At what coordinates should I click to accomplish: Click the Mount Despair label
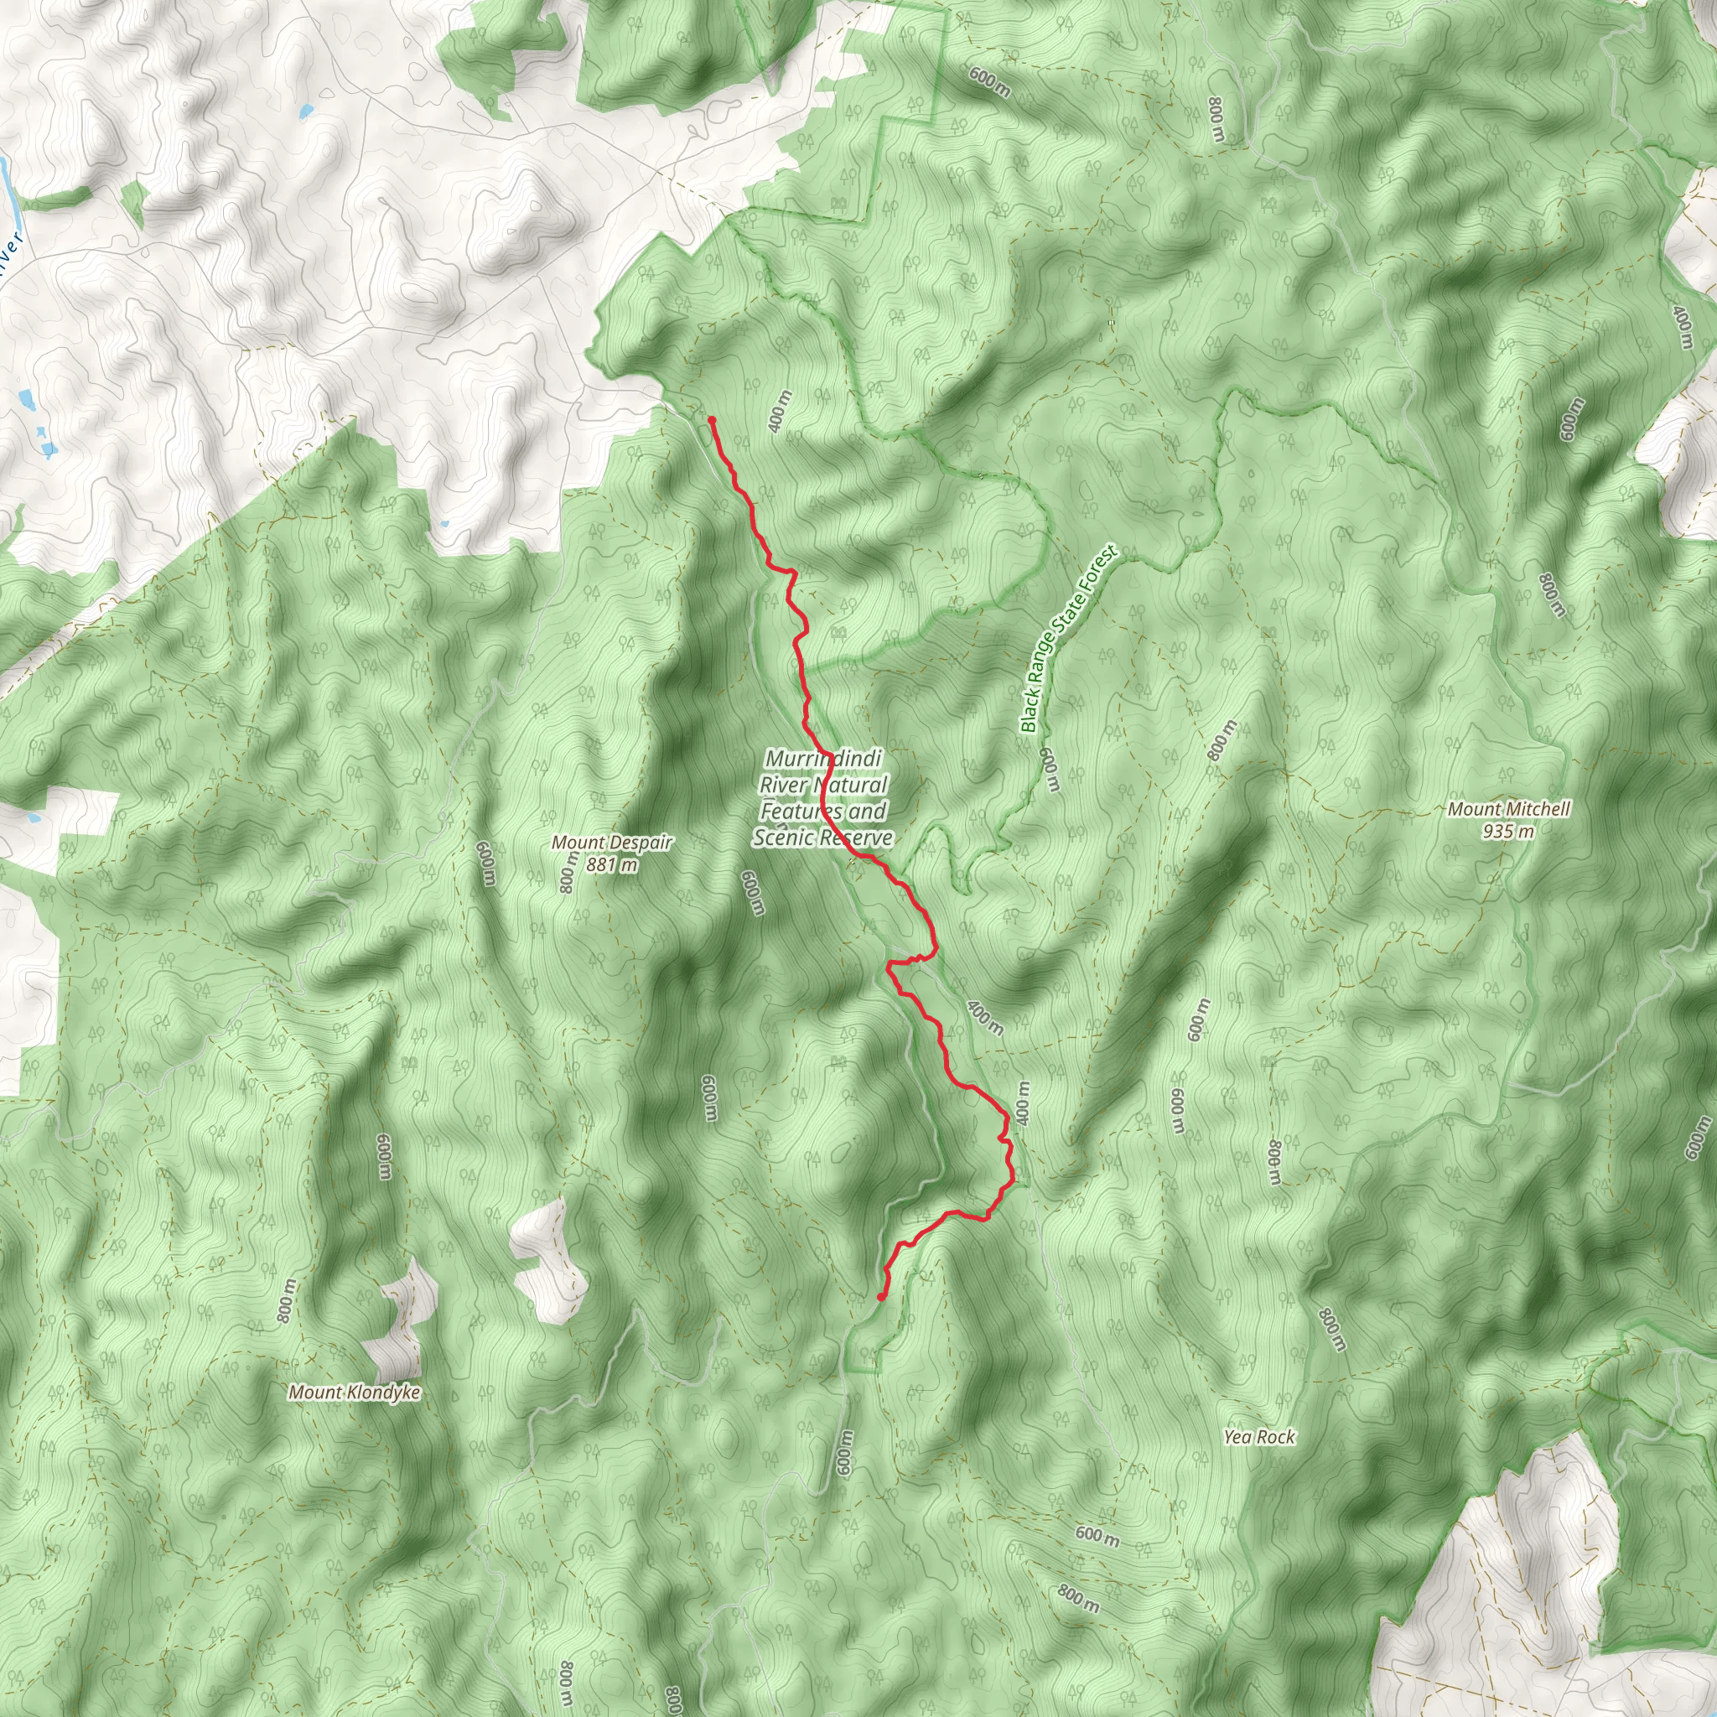(x=611, y=843)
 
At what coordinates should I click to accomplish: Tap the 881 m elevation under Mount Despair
(x=611, y=864)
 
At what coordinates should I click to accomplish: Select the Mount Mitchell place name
(x=1508, y=809)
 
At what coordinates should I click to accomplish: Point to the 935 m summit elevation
(x=1508, y=832)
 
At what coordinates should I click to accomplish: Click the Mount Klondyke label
(x=354, y=1392)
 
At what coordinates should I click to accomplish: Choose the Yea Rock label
(x=1258, y=1436)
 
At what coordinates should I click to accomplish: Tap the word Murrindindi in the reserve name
(x=823, y=759)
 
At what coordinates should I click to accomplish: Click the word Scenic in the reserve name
(x=785, y=838)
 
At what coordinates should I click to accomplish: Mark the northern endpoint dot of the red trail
(x=712, y=419)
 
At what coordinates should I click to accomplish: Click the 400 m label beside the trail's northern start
(x=780, y=412)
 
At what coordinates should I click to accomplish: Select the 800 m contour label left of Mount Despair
(x=567, y=872)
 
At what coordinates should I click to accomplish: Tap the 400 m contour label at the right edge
(x=1683, y=327)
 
